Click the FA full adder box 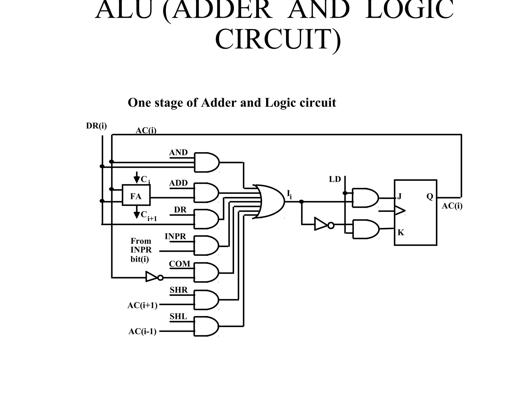(x=136, y=195)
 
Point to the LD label (x=335, y=179)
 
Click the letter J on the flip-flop (x=399, y=197)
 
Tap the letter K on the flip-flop (x=400, y=233)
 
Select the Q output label (x=430, y=197)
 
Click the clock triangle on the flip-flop (x=400, y=211)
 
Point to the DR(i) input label (x=96, y=126)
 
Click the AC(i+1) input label (x=142, y=306)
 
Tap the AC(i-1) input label (x=142, y=332)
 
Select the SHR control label (x=178, y=290)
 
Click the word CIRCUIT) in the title (x=278, y=40)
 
